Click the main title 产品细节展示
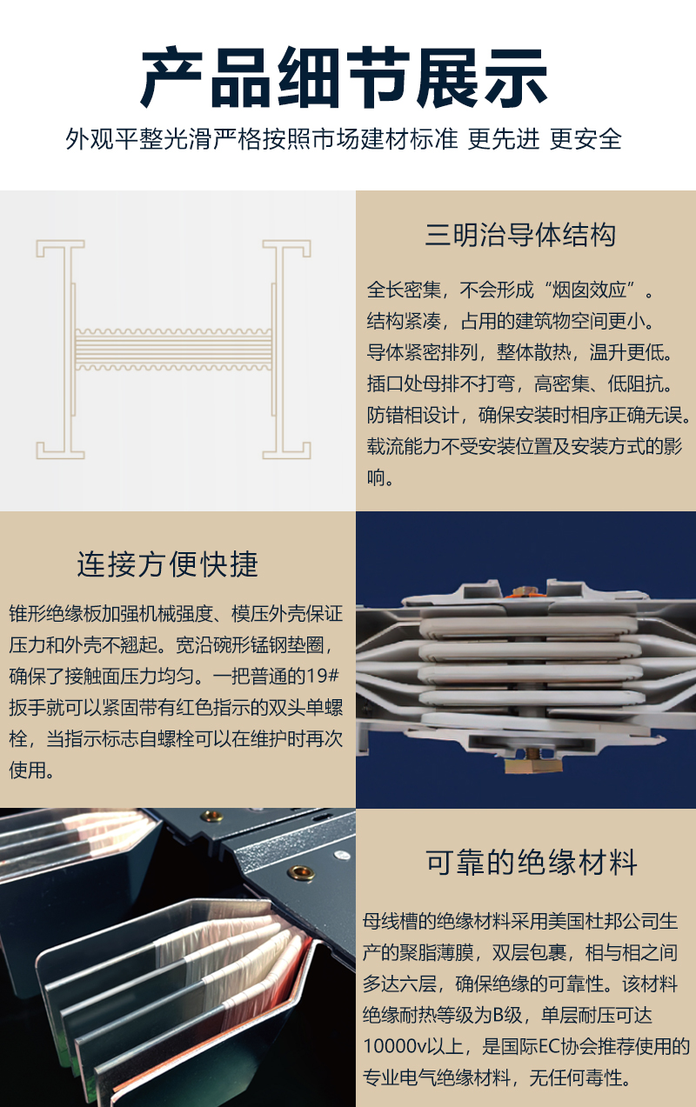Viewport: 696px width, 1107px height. coord(344,77)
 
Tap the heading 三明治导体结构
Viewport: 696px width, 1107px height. coord(521,235)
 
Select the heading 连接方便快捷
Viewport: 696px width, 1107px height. coord(168,564)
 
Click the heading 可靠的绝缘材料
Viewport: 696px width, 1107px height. coord(532,863)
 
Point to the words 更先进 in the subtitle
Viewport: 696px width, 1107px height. coord(503,139)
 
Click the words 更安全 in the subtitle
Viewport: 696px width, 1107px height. coord(586,139)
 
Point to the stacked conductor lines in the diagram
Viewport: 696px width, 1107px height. coord(173,349)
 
